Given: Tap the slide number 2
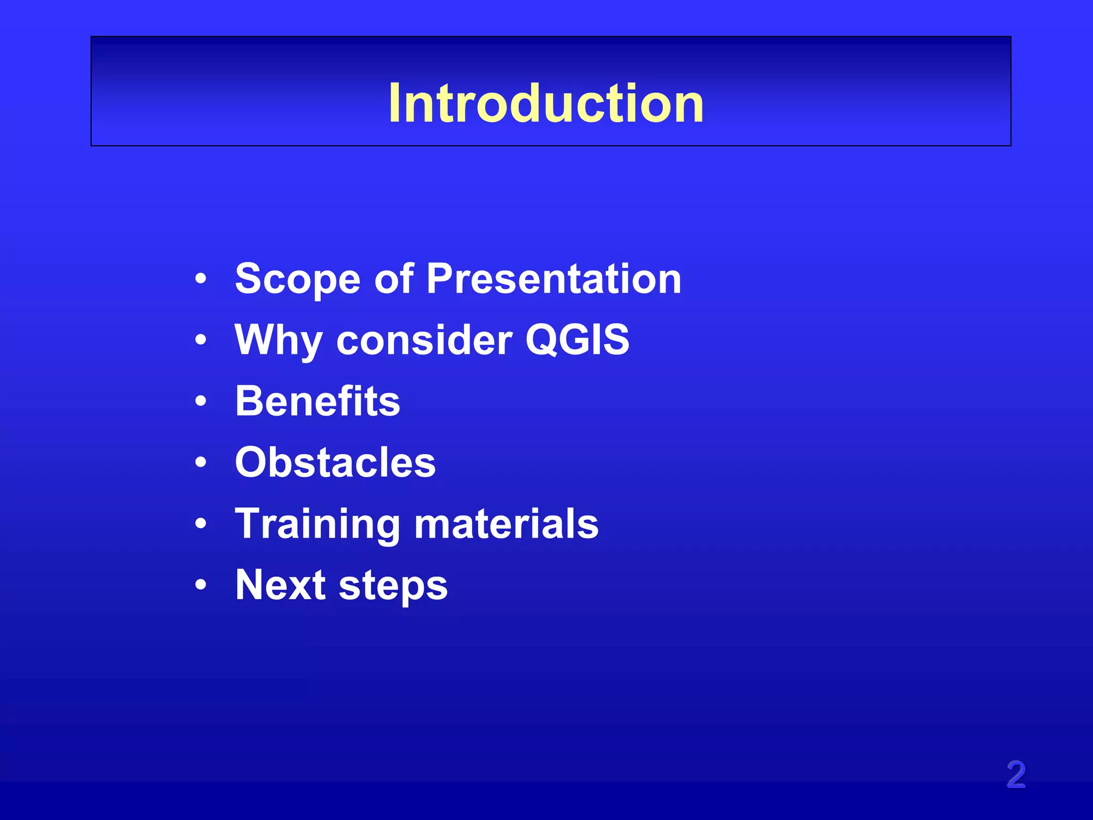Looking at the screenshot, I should point(1016,775).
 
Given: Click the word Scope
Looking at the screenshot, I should point(298,279).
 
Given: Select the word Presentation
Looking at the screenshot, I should point(553,279).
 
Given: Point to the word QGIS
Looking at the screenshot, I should point(577,340).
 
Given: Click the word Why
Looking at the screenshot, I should point(278,341).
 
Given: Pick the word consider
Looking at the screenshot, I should point(424,341).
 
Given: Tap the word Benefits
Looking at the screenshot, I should point(318,401).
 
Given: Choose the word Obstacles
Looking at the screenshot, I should point(335,462).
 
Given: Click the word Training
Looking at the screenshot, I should point(318,524).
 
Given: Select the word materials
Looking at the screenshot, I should point(506,524).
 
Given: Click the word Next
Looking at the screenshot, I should point(280,585).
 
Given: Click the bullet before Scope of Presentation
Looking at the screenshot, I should point(201,279).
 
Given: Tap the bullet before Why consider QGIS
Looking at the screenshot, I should point(201,340).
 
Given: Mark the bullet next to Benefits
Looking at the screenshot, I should point(201,401).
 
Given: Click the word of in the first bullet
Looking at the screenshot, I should point(394,279).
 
